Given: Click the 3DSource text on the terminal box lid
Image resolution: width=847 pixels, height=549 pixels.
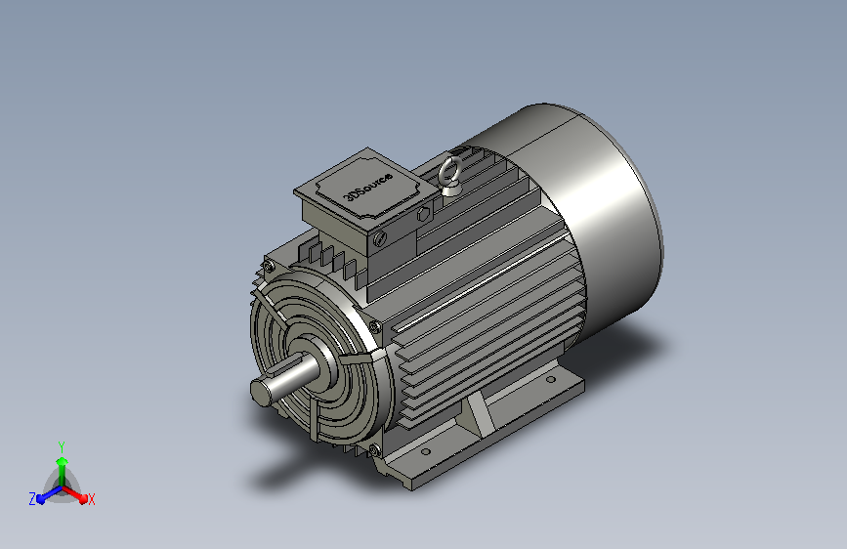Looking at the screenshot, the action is tap(369, 187).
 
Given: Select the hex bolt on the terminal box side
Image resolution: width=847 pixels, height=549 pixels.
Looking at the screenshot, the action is tap(423, 215).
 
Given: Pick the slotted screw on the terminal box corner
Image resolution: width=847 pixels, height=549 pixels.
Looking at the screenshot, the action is tap(380, 237).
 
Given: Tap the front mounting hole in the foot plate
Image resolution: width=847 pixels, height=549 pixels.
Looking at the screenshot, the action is tap(426, 451).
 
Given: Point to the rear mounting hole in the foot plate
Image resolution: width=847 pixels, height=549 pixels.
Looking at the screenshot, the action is tap(550, 379).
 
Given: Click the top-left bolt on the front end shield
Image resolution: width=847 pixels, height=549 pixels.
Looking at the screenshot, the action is tap(269, 267).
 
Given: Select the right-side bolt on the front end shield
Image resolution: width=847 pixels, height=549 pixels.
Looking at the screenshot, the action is tap(374, 326).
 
